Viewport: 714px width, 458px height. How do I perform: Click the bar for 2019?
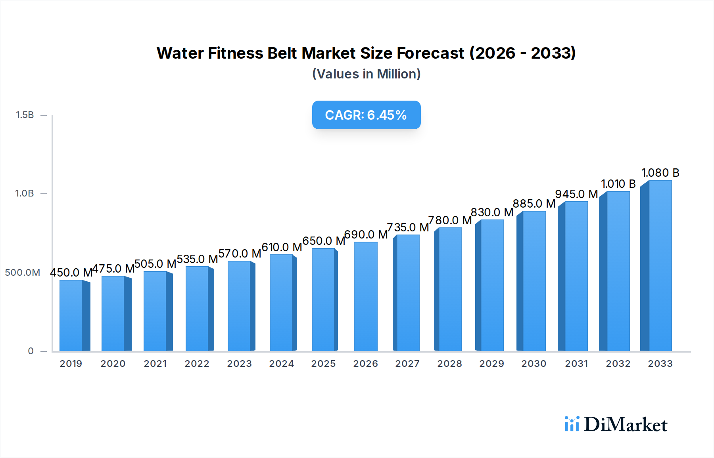coord(71,316)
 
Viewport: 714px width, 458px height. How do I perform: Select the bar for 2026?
coord(365,296)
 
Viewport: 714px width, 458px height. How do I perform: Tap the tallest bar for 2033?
coord(659,266)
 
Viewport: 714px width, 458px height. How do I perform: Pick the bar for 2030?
coord(534,281)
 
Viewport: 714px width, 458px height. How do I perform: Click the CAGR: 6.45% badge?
coord(366,115)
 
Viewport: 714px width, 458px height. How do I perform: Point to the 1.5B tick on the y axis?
coord(25,115)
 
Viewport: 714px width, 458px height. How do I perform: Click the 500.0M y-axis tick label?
coord(23,273)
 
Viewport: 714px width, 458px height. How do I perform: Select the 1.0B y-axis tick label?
coord(25,193)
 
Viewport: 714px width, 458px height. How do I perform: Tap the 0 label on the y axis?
coord(31,351)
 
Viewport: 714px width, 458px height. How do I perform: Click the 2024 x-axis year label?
coord(282,364)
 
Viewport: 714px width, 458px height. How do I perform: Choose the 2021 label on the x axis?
coord(155,364)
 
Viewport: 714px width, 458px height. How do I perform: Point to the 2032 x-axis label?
coord(618,364)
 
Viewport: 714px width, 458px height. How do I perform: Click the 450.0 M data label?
coord(71,273)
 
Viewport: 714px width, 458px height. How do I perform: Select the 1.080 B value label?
coord(660,173)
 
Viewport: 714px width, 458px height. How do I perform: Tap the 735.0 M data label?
coord(408,227)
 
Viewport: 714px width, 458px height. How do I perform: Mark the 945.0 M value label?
coord(576,194)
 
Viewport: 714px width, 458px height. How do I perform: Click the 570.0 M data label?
coord(240,254)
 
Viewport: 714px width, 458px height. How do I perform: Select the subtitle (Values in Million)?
coord(366,74)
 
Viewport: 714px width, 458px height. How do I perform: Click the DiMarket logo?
coord(616,424)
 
